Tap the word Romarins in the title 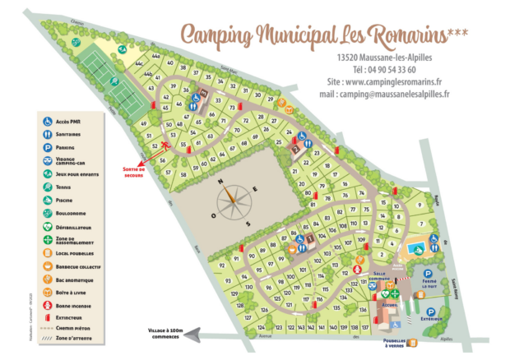pyautogui.click(x=392, y=35)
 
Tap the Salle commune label pyautogui.click(x=379, y=277)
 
